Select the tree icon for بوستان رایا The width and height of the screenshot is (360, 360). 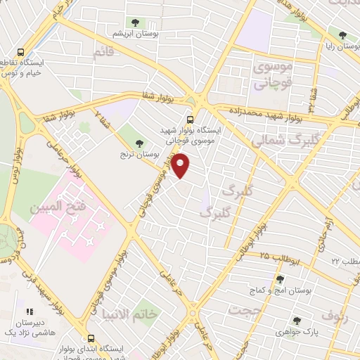pyautogui.click(x=342, y=34)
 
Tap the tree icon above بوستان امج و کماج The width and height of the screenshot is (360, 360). pyautogui.click(x=280, y=279)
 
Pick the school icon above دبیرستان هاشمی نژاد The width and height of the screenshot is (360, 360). pyautogui.click(x=29, y=310)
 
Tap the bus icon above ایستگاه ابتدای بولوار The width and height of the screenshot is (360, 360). pyautogui.click(x=89, y=337)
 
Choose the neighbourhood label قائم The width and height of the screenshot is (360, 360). pyautogui.click(x=103, y=51)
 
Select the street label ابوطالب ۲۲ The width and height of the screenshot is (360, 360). pyautogui.click(x=346, y=261)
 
